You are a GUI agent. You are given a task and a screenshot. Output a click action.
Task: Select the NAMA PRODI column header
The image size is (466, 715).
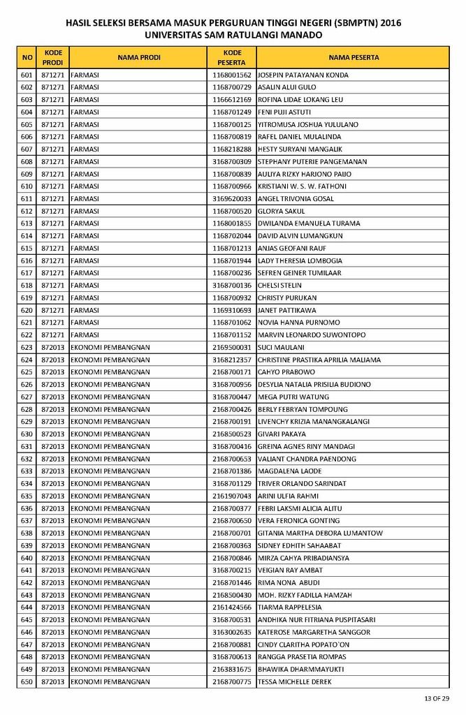coord(139,57)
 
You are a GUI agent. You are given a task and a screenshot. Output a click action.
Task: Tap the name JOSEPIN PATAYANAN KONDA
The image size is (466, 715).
coord(303,75)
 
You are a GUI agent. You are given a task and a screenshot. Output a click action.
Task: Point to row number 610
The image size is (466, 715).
coord(27,186)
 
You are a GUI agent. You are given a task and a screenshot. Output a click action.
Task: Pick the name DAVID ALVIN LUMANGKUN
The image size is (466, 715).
coord(300,236)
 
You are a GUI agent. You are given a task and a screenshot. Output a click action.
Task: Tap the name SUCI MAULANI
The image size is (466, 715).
coord(281,347)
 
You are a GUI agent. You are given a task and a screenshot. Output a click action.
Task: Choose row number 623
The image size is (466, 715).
coord(27,347)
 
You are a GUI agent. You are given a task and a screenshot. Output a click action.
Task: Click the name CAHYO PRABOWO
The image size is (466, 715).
coord(286,372)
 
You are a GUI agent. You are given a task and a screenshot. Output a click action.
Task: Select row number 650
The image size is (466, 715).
coord(27,681)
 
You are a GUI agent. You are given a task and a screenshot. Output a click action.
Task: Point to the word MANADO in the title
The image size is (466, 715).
coord(302,34)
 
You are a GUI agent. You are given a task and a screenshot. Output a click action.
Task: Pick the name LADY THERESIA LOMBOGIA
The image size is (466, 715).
coord(300,260)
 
